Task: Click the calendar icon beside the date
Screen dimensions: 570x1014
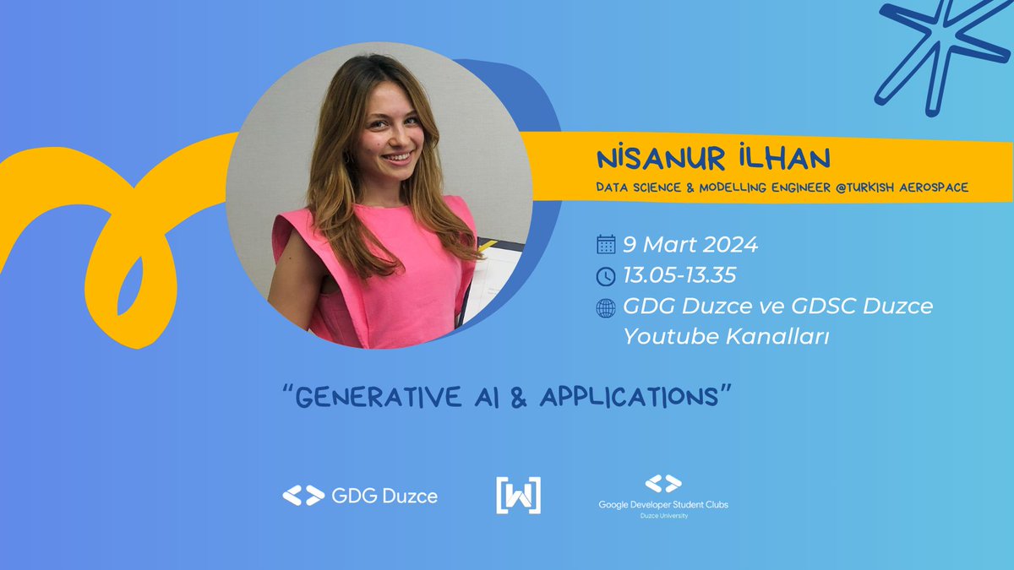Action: click(x=606, y=245)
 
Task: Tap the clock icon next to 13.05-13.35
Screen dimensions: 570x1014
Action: click(x=606, y=276)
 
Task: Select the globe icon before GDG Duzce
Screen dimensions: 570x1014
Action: click(x=606, y=308)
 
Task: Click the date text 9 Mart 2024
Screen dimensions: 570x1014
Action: click(x=690, y=245)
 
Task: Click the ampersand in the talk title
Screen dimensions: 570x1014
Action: click(x=520, y=398)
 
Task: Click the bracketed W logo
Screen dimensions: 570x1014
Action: click(x=518, y=496)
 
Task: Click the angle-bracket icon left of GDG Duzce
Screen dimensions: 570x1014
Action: click(x=303, y=496)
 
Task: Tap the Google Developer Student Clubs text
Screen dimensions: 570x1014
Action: click(x=662, y=504)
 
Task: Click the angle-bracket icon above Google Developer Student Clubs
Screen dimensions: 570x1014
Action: click(x=662, y=484)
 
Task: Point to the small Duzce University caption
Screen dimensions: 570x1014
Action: click(x=662, y=516)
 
